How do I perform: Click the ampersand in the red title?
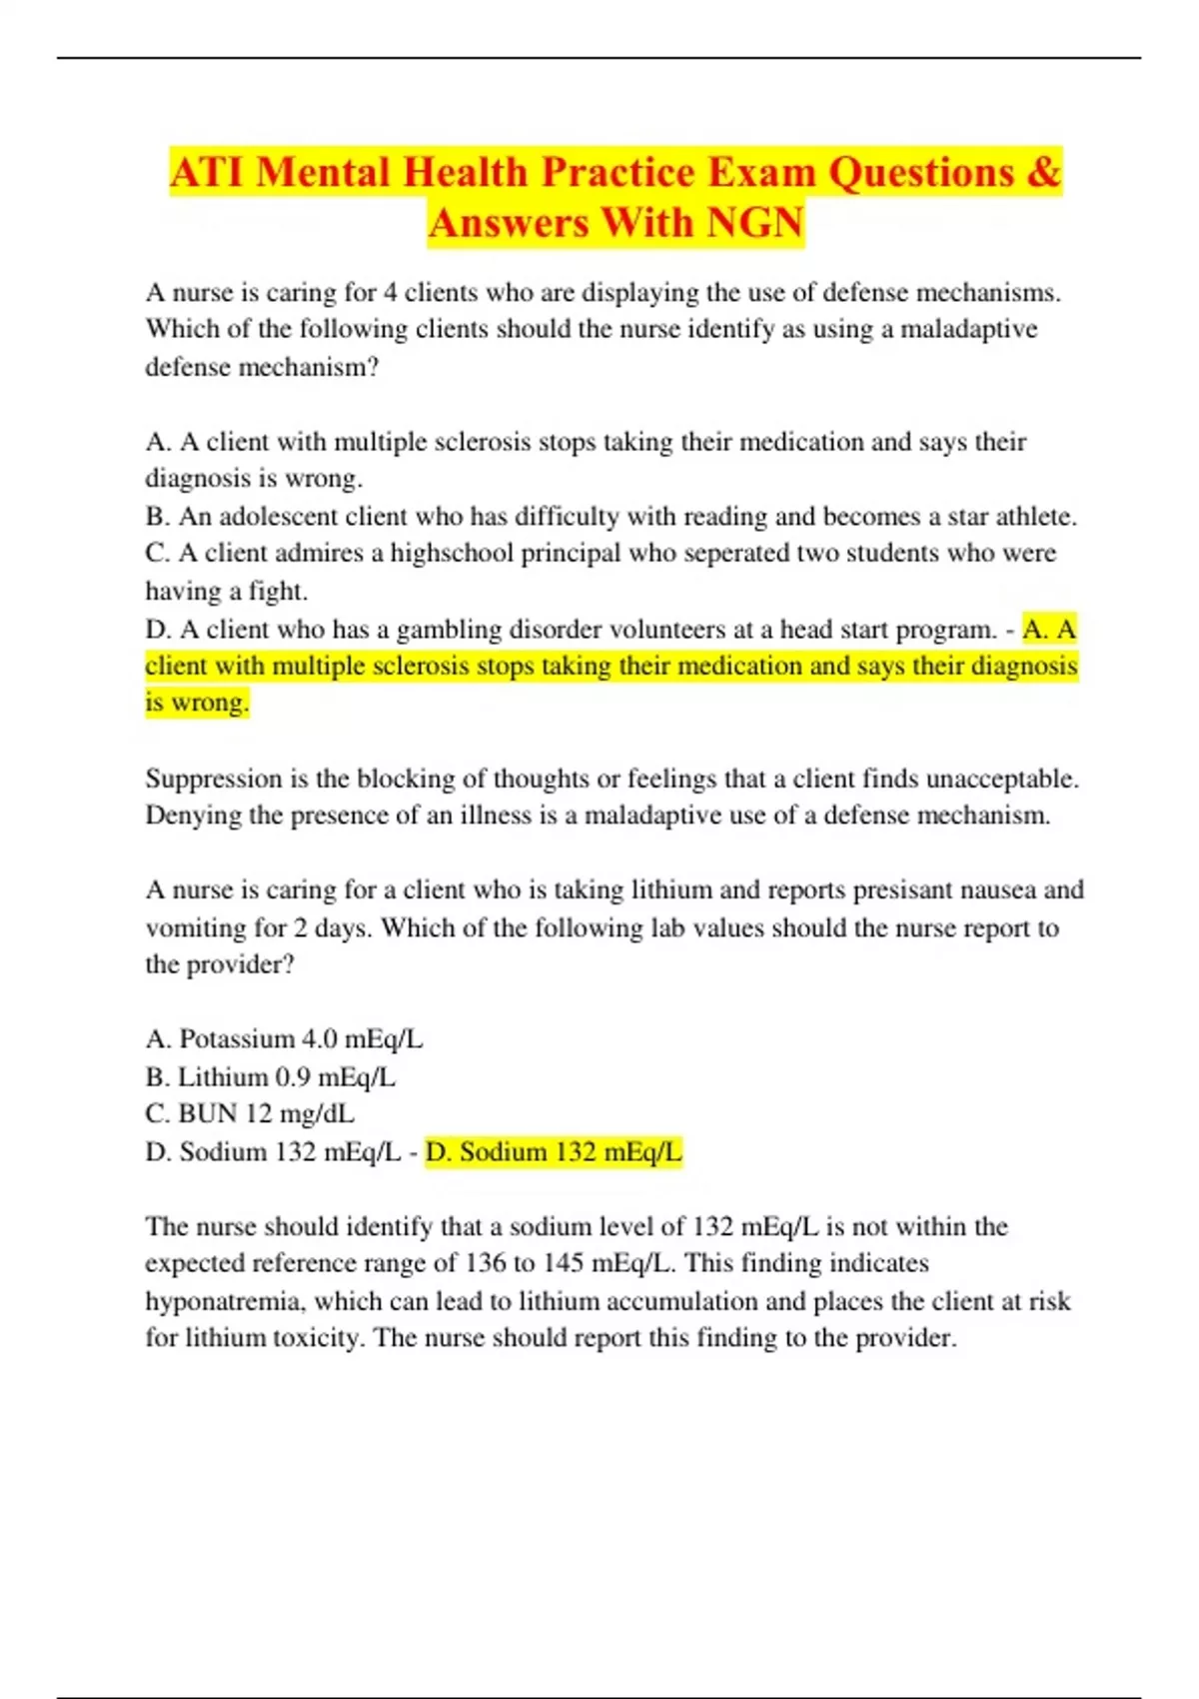pos(1043,173)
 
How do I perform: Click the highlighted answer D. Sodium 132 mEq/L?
pos(554,1152)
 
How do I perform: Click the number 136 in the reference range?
pos(486,1263)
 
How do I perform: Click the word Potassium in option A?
pos(237,1039)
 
